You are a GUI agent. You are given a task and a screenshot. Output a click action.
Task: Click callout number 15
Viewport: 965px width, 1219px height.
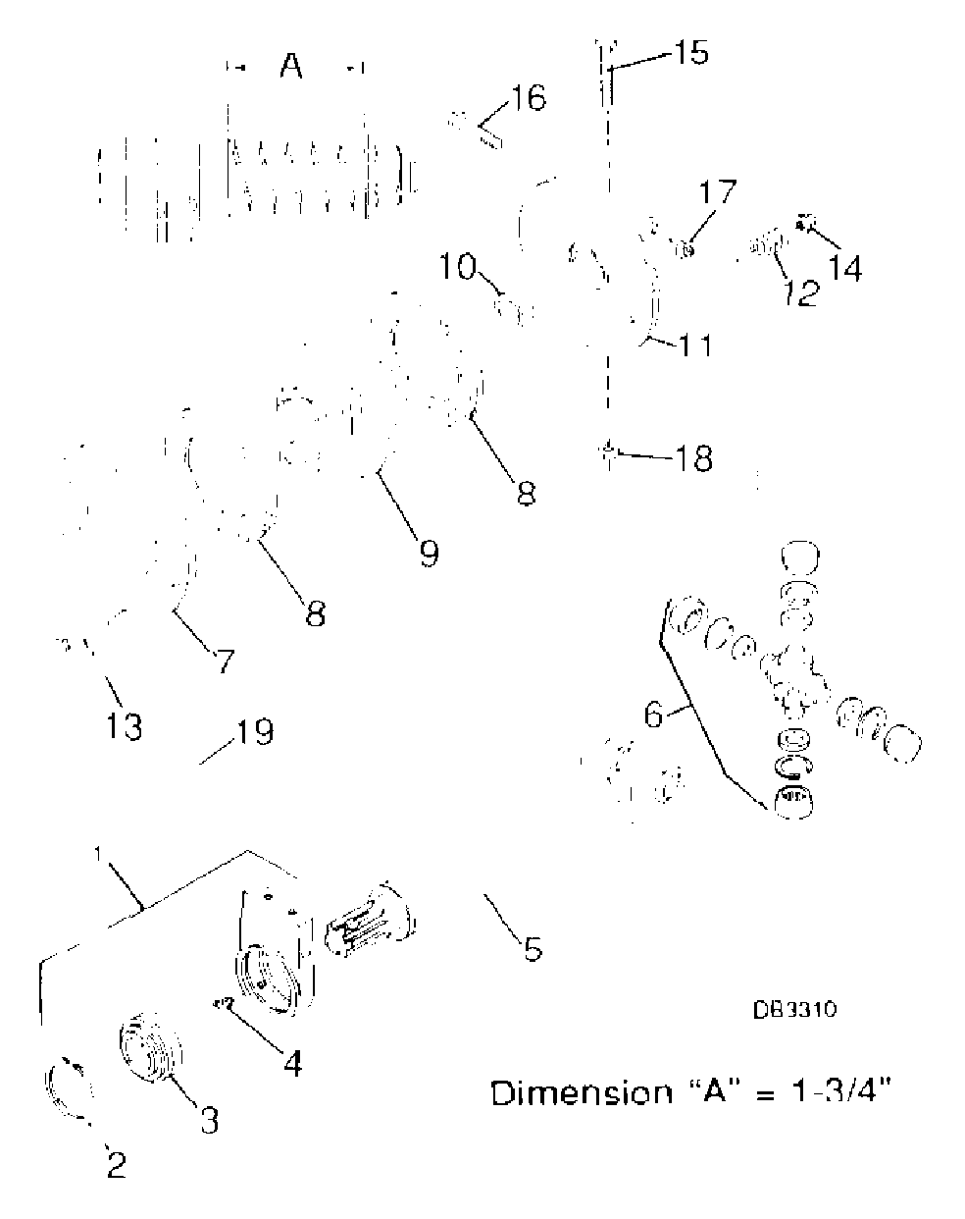(690, 52)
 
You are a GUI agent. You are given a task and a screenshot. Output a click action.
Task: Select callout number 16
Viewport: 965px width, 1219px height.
(529, 98)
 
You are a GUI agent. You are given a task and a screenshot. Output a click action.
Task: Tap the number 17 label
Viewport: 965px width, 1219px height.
(717, 191)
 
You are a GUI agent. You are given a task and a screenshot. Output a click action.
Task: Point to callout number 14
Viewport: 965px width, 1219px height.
(845, 266)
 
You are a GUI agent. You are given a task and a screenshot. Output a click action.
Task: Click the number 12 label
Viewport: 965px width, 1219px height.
(799, 291)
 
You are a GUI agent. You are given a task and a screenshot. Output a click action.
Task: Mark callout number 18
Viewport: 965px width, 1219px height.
(693, 458)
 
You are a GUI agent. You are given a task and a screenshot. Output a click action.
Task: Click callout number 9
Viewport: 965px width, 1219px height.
(429, 553)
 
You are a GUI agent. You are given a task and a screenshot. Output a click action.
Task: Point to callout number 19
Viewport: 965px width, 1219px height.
(254, 732)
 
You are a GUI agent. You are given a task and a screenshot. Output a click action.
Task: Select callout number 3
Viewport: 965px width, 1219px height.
(208, 1118)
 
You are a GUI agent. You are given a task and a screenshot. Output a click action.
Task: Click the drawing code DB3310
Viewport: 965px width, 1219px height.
(794, 1010)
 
